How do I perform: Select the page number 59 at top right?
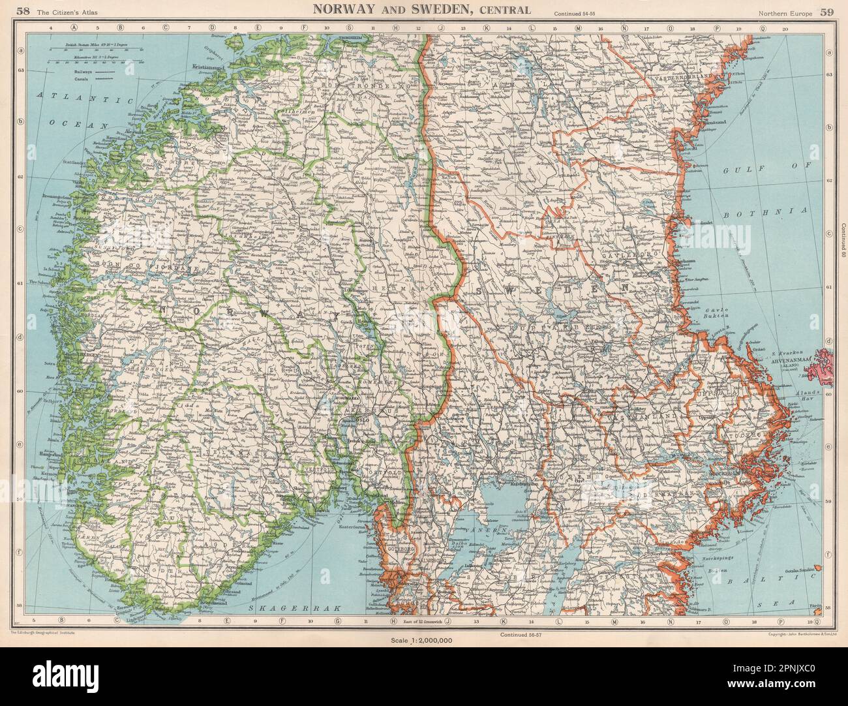[x=826, y=10]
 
